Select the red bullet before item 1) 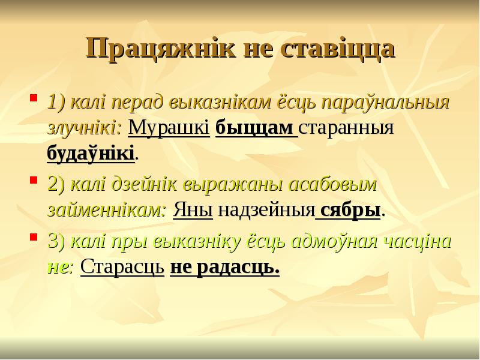click(x=34, y=96)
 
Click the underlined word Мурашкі click(x=169, y=128)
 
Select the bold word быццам click(x=254, y=128)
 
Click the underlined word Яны click(x=193, y=211)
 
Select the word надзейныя click(x=266, y=211)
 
